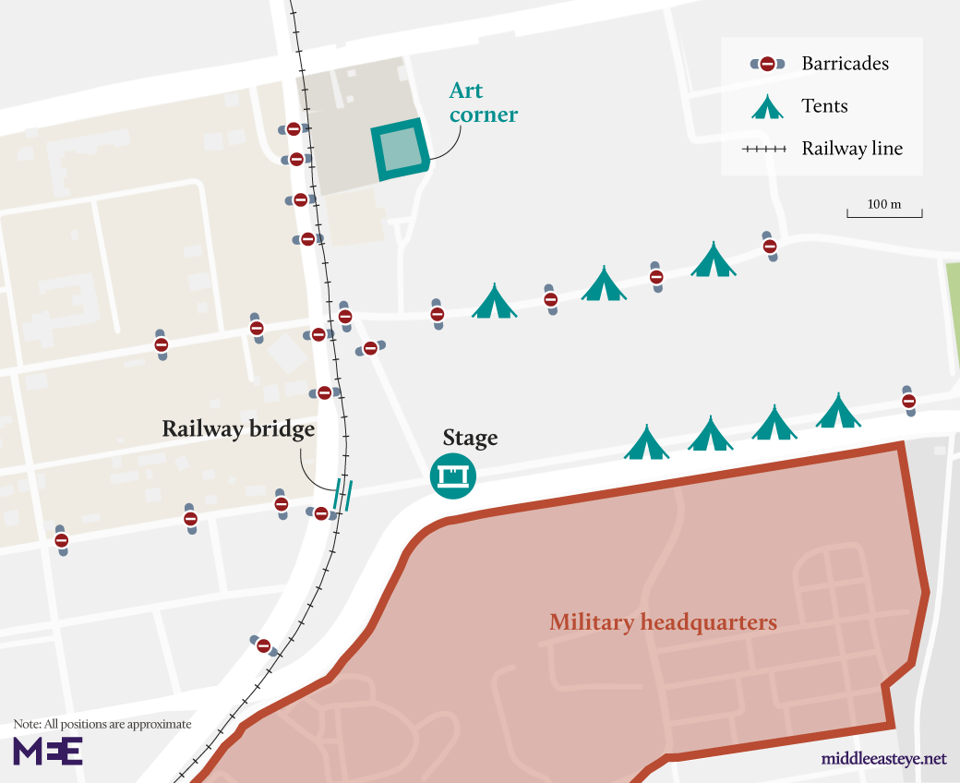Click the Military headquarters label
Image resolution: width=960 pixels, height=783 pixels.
coord(663,622)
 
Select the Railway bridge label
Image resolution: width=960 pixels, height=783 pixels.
coord(238,429)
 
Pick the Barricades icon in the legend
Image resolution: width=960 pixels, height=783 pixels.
coord(767,64)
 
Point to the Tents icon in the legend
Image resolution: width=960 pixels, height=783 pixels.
coord(767,106)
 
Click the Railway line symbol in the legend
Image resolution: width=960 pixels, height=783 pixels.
coord(765,149)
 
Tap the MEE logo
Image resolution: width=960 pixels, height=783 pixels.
coord(48,750)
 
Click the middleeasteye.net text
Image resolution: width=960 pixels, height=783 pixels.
coord(883,759)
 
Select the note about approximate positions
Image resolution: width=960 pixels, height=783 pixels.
coord(102,724)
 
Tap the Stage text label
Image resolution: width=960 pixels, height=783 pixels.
coord(470,438)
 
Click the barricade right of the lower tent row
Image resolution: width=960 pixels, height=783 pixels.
coord(908,401)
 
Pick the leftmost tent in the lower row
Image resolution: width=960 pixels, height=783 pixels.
coord(646,443)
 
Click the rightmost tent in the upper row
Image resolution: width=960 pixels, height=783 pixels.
coord(714,260)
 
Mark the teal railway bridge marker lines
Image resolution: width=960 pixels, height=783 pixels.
coord(343,495)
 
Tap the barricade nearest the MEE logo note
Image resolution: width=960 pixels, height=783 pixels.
coord(264,645)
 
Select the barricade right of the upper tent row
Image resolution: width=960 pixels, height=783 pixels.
coord(769,247)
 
